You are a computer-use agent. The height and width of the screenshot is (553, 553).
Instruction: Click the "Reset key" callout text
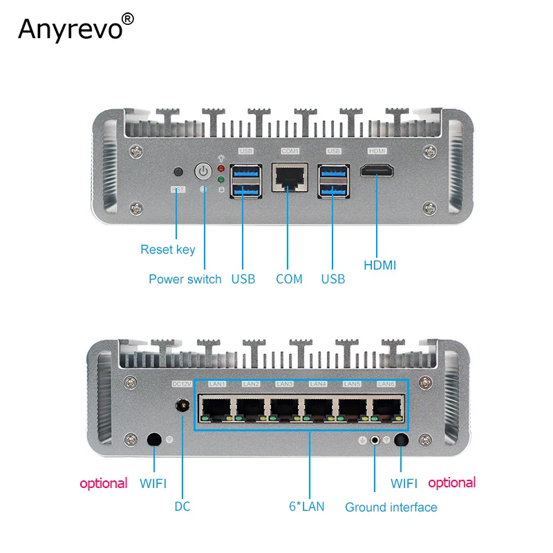168,250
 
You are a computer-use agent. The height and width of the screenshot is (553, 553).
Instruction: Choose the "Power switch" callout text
185,279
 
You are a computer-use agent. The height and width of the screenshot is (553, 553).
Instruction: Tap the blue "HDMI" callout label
379,265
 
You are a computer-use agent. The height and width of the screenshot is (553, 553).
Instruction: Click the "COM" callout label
289,279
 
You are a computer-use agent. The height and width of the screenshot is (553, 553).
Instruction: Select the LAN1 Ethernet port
216,408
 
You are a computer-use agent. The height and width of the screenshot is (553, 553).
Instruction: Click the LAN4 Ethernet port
318,408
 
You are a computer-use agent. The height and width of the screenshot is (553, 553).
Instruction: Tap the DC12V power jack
182,406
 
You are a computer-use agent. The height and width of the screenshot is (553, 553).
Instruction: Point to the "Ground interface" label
391,507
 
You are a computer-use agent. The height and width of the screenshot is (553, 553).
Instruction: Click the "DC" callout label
182,507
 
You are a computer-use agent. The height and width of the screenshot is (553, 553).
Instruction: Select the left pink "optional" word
104,483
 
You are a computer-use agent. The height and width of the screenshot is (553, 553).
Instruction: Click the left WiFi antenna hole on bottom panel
155,440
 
